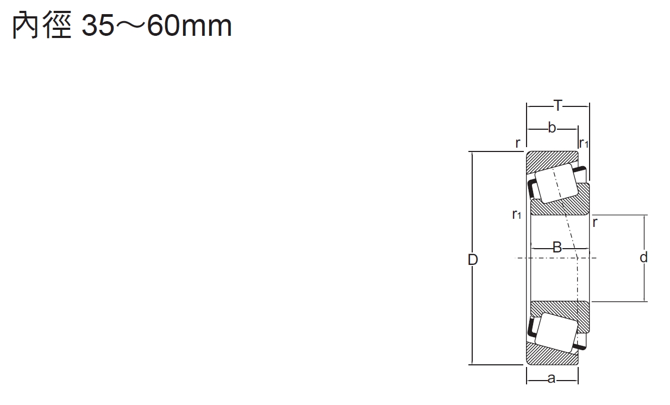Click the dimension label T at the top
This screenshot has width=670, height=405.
tap(558, 105)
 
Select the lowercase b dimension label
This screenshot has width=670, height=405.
tap(552, 128)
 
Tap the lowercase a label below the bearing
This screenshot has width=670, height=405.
tap(552, 379)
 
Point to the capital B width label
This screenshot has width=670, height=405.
tap(557, 247)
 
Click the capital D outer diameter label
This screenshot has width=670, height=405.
tap(473, 260)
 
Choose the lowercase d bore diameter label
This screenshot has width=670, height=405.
tap(644, 257)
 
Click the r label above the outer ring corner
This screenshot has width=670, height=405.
tap(518, 143)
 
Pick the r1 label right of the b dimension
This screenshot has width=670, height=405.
tap(584, 143)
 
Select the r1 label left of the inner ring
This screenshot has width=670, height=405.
tap(517, 214)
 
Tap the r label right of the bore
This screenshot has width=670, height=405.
tap(595, 223)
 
